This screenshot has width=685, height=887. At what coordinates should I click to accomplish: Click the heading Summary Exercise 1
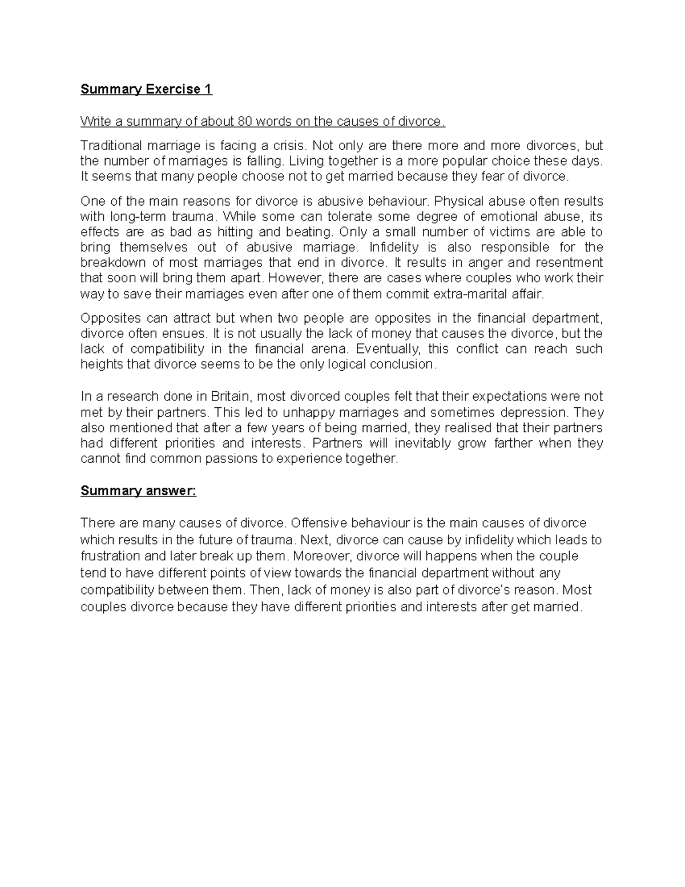(146, 89)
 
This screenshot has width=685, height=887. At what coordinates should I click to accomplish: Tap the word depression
(534, 412)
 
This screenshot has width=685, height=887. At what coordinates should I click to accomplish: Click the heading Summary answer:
(138, 491)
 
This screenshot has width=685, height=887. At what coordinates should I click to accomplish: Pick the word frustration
(110, 556)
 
